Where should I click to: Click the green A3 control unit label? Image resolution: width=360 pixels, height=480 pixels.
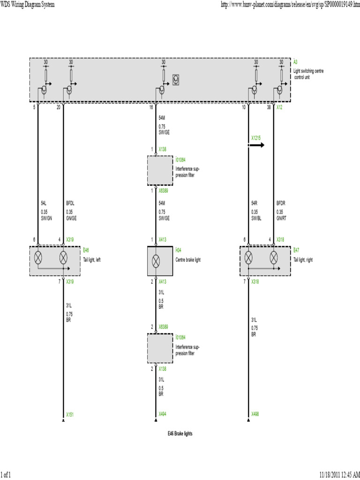point(295,62)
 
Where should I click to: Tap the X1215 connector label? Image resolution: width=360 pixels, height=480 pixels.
point(255,138)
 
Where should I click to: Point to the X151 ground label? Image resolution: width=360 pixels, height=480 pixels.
point(69,414)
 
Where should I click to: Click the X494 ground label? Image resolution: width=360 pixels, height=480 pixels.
point(162,414)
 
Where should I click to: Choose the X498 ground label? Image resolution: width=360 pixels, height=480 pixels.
point(255,414)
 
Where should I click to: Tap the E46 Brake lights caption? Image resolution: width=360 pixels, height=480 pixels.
point(180,434)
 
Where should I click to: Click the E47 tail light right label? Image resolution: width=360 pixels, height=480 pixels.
point(296,250)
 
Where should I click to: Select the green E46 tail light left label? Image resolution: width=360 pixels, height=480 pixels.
point(86,250)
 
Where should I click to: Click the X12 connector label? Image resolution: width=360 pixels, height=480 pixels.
point(279,107)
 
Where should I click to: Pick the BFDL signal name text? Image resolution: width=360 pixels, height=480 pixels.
point(70,204)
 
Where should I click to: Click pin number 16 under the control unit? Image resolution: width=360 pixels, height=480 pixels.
point(151,107)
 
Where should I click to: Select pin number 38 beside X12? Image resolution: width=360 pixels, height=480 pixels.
point(269,107)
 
